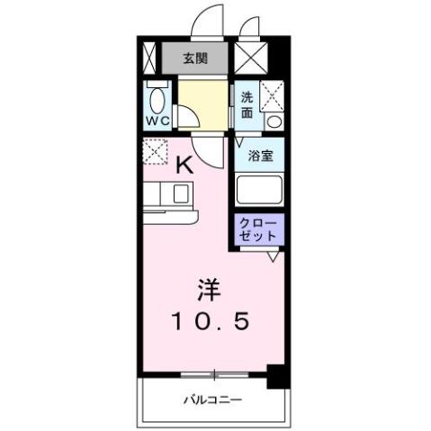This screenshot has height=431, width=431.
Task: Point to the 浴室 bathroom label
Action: point(260,155)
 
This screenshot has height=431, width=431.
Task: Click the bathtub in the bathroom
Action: point(259,191)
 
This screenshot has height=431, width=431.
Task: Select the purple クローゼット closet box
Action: point(259,229)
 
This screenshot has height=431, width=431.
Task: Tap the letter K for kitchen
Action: point(183,164)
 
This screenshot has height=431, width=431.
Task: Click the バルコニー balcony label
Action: point(213,398)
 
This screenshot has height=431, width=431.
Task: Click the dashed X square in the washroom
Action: point(274,95)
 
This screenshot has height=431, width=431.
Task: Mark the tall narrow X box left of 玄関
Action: point(150,59)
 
